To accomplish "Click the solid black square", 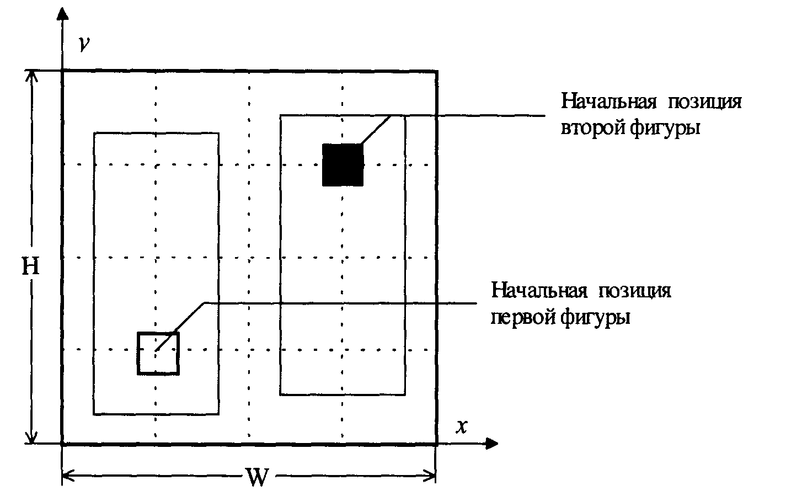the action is [x=343, y=164].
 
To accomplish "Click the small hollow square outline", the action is [x=138, y=354].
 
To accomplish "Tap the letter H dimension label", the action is [x=30, y=266].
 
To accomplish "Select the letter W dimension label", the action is [x=258, y=477].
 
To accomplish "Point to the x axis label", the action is [x=462, y=427].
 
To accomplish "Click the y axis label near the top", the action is [x=84, y=44].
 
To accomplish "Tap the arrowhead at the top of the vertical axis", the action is [x=62, y=13].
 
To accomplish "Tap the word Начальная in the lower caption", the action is [x=539, y=291].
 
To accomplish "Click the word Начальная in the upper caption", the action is [x=609, y=102].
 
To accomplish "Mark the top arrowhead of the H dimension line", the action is [x=31, y=76].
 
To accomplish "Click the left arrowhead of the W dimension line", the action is [x=68, y=476].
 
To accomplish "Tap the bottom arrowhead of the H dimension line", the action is [x=31, y=437].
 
